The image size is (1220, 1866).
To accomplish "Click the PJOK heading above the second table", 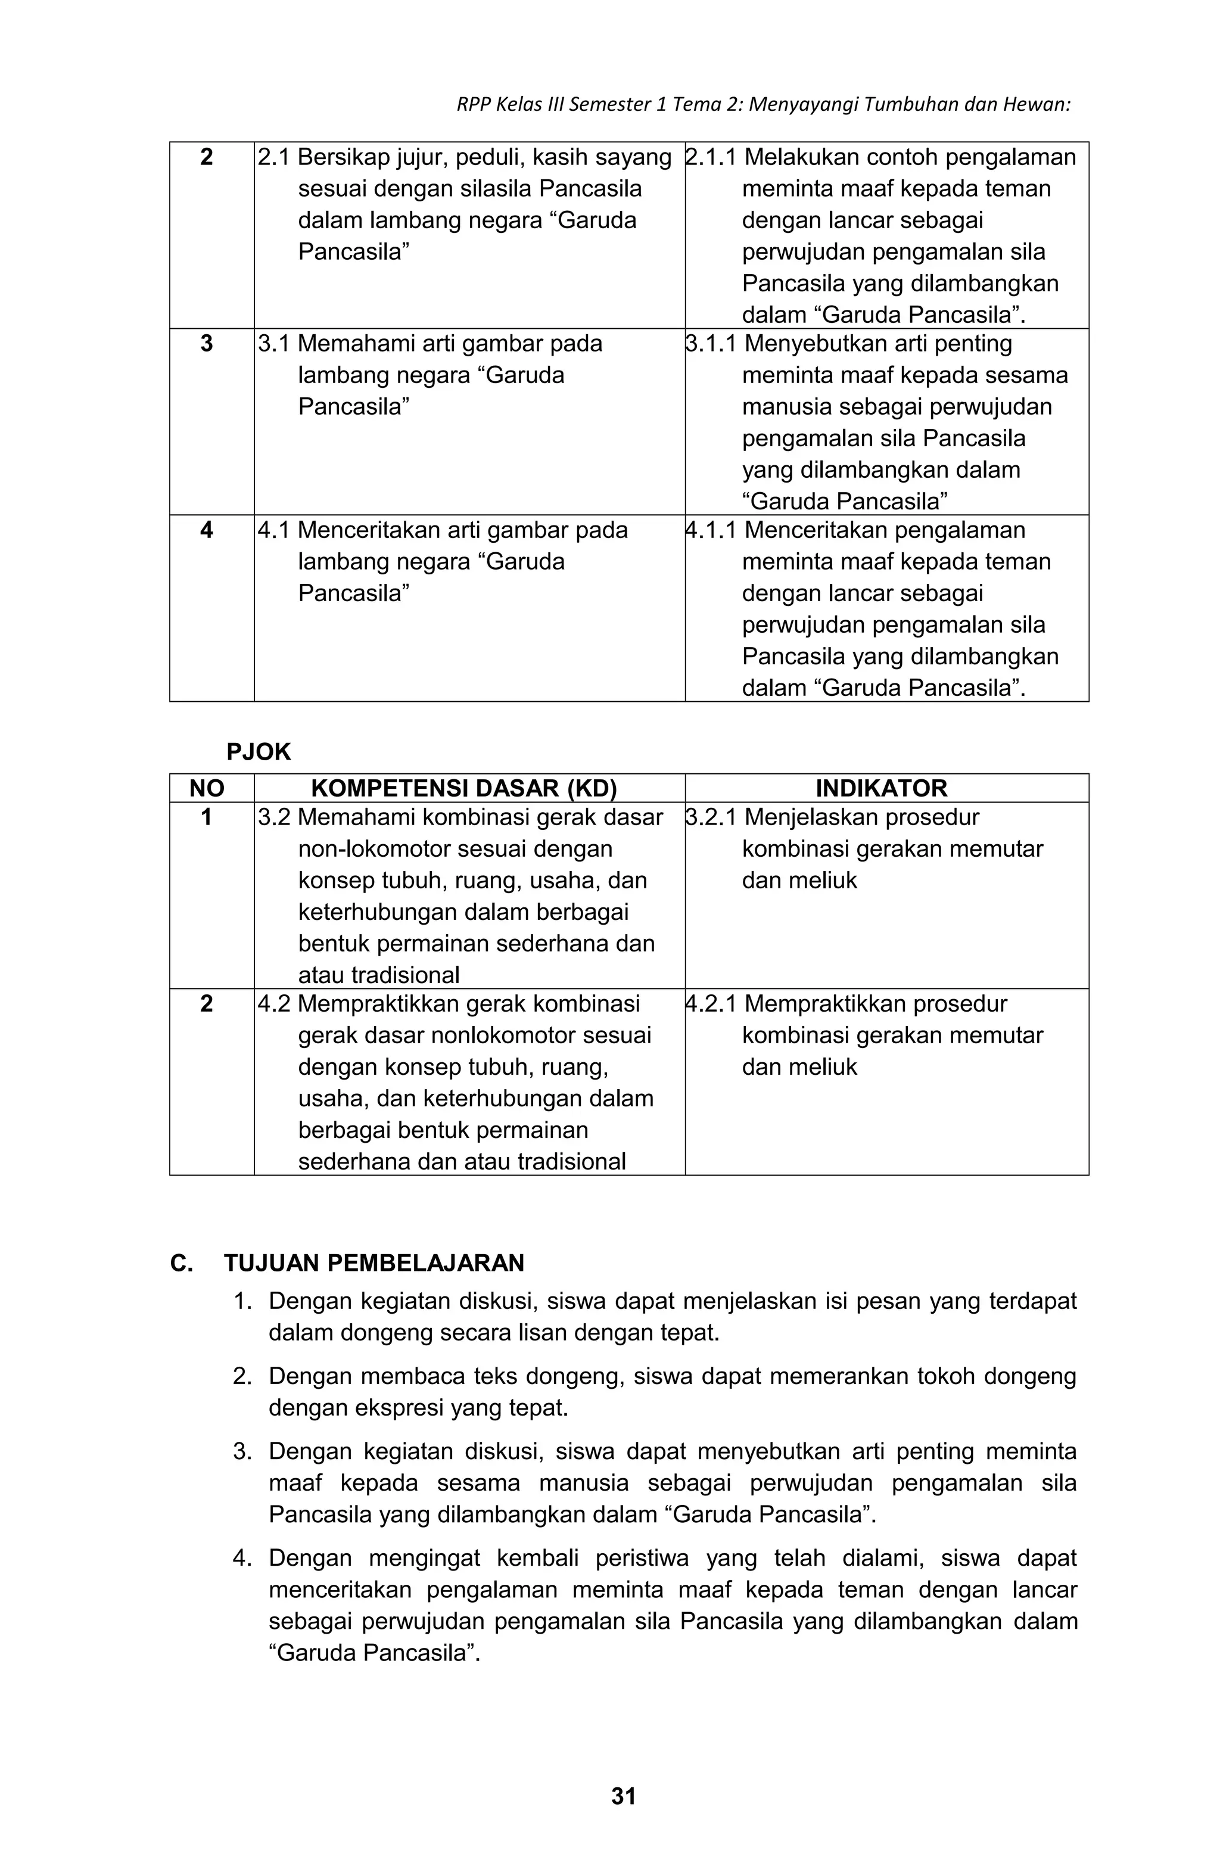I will (258, 752).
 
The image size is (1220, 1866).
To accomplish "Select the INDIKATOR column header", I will (880, 788).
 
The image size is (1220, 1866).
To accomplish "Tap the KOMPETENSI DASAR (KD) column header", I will (463, 788).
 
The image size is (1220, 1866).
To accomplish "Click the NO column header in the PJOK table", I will (206, 788).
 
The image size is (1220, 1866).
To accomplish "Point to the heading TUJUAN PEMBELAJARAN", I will (374, 1263).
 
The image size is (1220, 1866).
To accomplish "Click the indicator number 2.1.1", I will (710, 158).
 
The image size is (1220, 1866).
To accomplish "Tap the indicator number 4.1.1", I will (710, 531).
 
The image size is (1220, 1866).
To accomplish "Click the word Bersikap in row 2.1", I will (343, 158).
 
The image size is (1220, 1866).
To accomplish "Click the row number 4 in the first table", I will (206, 531).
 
